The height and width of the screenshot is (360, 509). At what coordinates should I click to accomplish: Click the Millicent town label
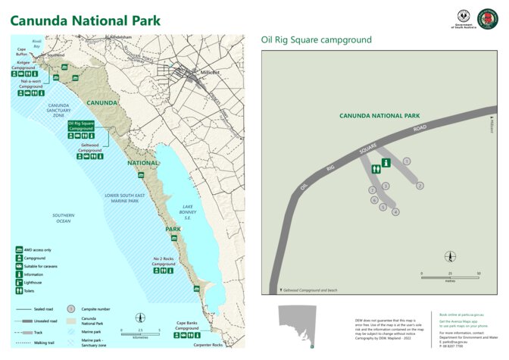[210, 73]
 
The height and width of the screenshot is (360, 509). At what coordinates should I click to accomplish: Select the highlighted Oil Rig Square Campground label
[81, 125]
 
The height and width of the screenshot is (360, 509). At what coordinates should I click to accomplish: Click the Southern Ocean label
[64, 218]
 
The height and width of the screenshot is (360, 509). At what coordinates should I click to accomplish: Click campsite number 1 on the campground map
[407, 161]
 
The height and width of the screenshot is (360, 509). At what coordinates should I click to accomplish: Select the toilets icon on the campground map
[376, 171]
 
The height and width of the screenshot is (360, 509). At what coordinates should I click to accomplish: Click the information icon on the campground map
[386, 161]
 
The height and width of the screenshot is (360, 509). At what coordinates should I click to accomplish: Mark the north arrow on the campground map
[450, 258]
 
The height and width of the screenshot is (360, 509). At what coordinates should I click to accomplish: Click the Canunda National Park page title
[85, 20]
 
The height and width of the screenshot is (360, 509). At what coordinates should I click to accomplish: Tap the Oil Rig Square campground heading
[316, 39]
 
